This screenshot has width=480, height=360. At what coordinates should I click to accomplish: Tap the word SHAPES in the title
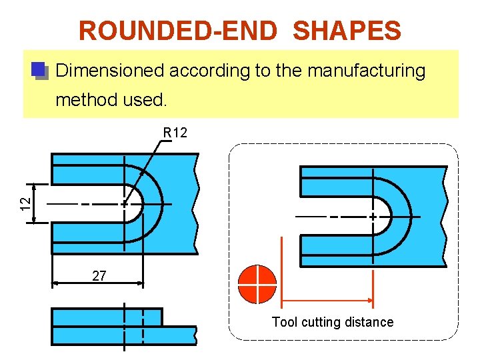tap(347, 31)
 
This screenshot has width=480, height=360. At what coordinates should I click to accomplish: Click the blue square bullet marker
tap(39, 70)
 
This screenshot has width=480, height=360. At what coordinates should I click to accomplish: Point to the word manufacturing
tap(366, 71)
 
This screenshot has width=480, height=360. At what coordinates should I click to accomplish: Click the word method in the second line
tap(87, 101)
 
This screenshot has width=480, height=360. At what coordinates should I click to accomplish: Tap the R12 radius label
tap(175, 133)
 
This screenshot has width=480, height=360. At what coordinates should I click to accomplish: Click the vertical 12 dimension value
tap(24, 202)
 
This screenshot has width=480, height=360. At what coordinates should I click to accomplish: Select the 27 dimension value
tap(99, 275)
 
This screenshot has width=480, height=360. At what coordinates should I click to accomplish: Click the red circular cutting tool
tap(257, 284)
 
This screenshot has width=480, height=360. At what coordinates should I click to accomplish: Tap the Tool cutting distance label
tap(332, 322)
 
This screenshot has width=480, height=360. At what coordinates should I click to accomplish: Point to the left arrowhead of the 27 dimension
tap(55, 283)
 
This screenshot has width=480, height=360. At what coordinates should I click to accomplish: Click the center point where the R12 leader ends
tap(125, 203)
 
